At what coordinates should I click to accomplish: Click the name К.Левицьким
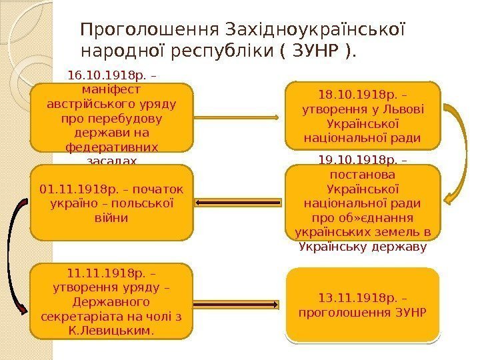(x=111, y=329)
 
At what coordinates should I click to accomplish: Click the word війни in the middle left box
(x=111, y=217)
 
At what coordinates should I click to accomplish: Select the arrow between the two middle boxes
(x=239, y=203)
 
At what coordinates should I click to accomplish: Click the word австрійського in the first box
(x=83, y=105)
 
